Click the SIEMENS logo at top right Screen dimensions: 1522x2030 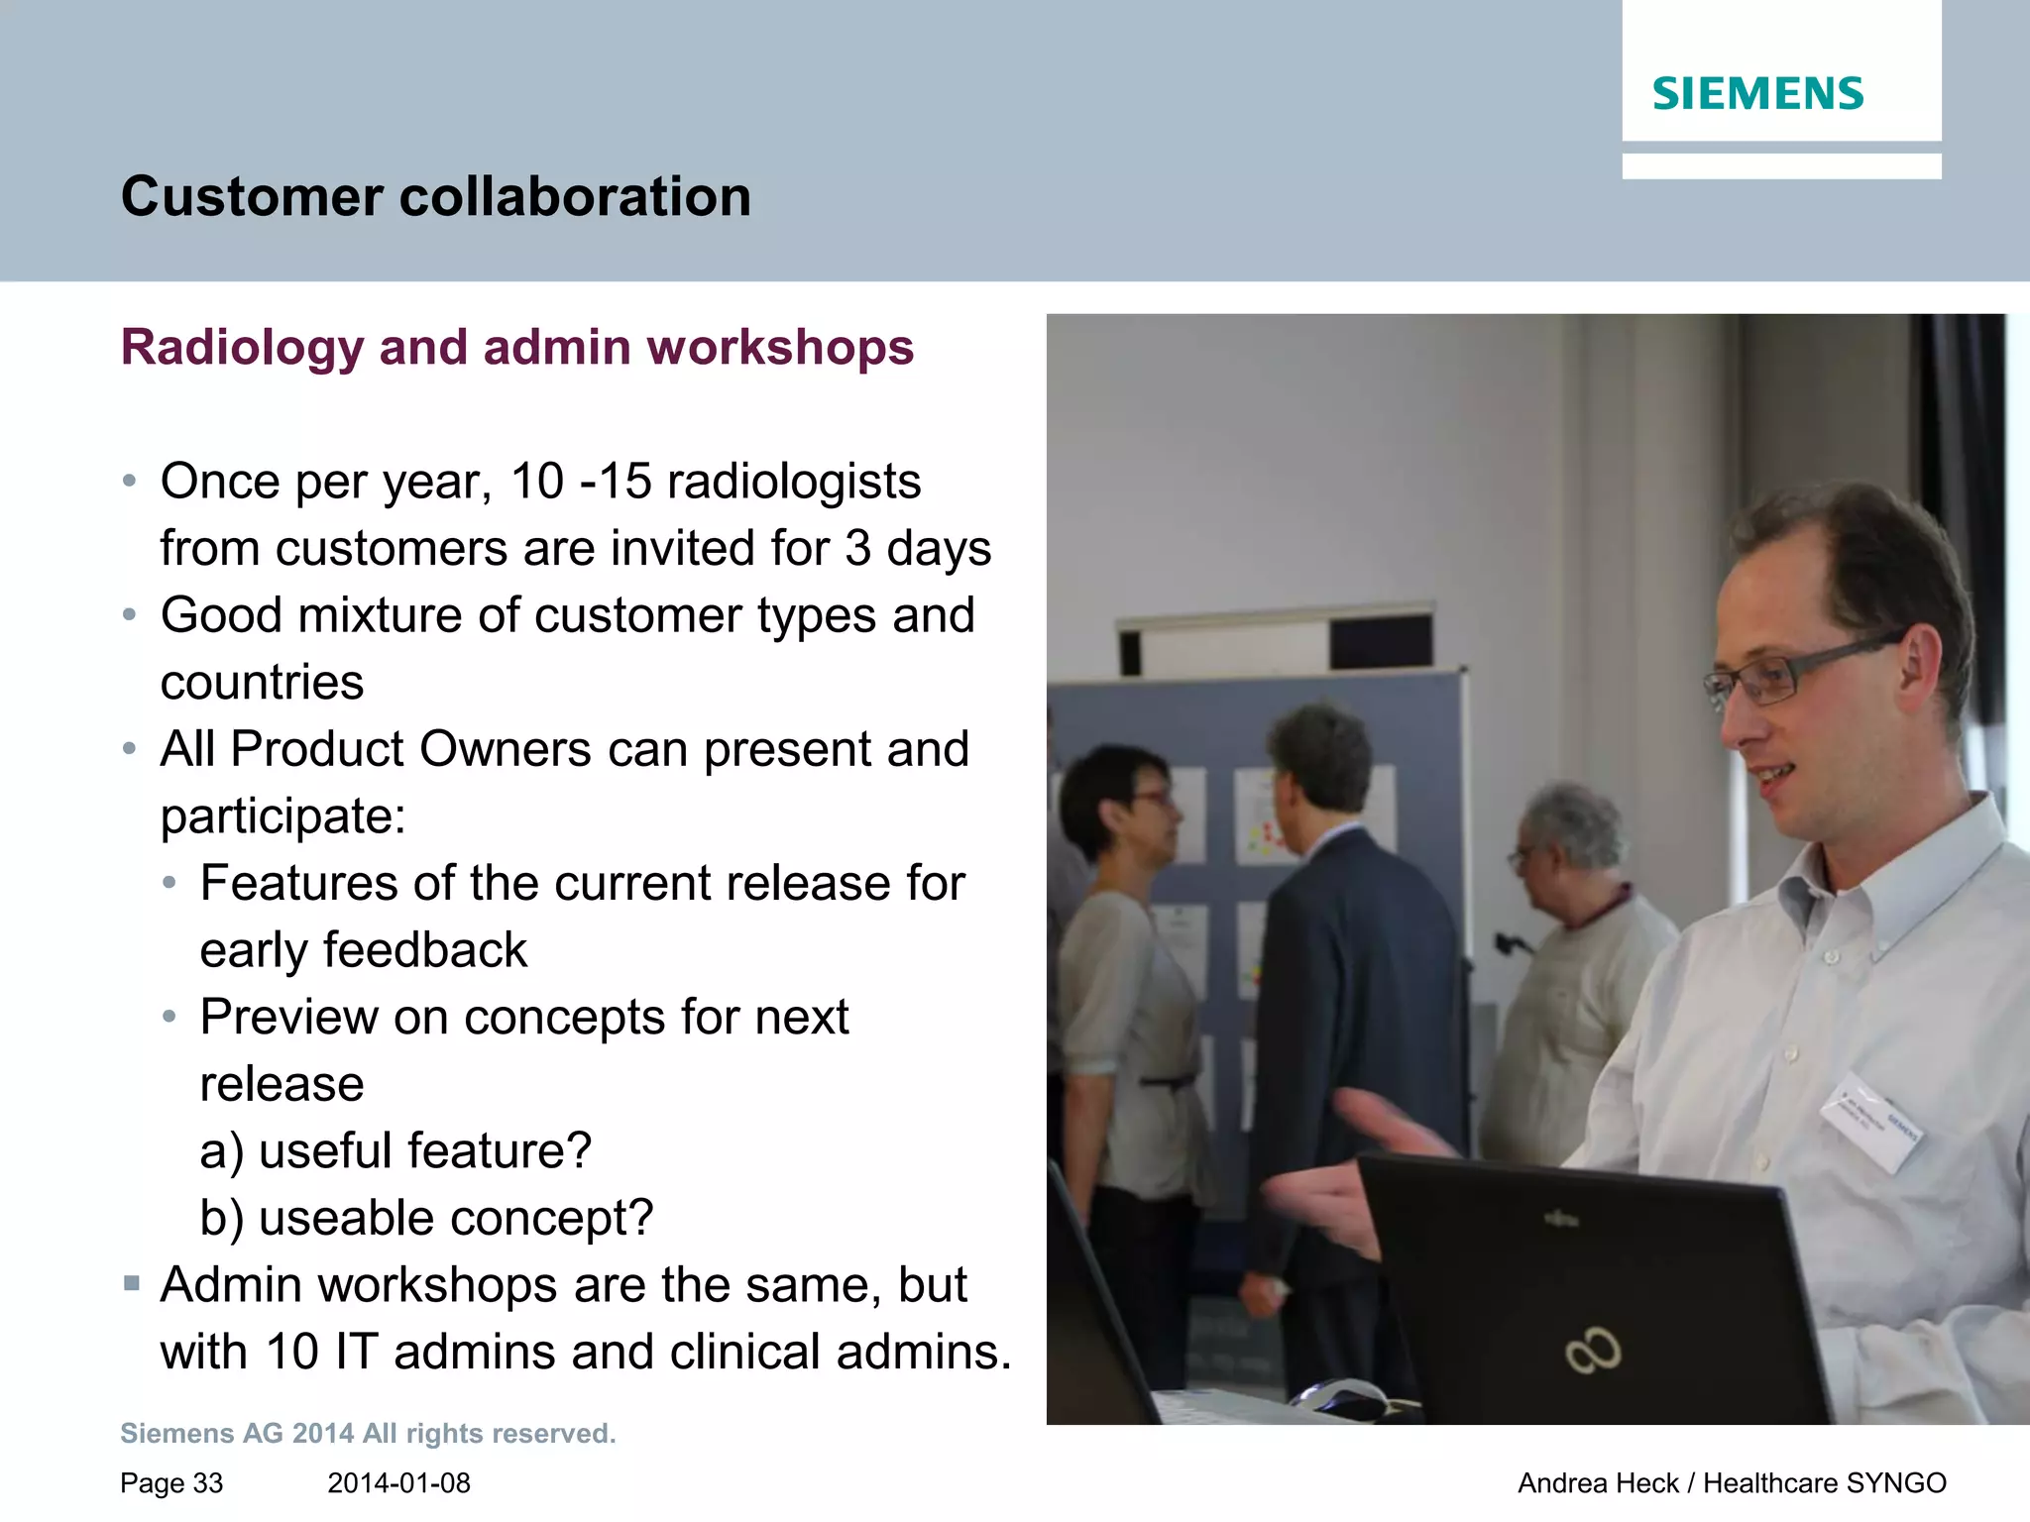pyautogui.click(x=1757, y=94)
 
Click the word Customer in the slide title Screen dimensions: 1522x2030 pyautogui.click(x=251, y=196)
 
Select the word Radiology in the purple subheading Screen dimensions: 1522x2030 pyautogui.click(x=243, y=348)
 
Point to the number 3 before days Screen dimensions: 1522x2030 pyautogui.click(x=857, y=548)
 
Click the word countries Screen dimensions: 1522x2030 pyautogui.click(x=262, y=683)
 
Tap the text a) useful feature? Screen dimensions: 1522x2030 pyautogui.click(x=395, y=1151)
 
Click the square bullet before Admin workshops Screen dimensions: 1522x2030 pyautogui.click(x=132, y=1284)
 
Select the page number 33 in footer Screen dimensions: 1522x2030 pyautogui.click(x=207, y=1483)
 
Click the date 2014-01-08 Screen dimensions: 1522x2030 pyautogui.click(x=398, y=1483)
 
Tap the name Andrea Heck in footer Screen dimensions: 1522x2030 pyautogui.click(x=1597, y=1483)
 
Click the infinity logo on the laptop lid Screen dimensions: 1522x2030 pyautogui.click(x=1593, y=1351)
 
